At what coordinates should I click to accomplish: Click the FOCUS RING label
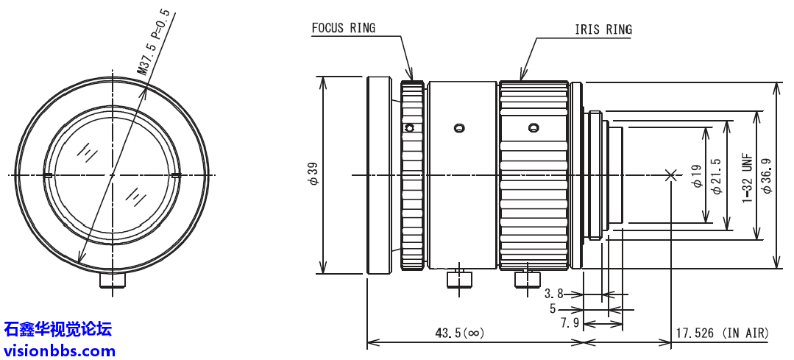[343, 28]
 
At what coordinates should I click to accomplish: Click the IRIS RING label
[603, 29]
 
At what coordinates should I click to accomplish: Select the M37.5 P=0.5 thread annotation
[154, 44]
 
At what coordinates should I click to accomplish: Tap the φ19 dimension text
[696, 174]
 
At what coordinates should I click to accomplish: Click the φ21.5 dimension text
[716, 175]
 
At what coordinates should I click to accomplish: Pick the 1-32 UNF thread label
[746, 174]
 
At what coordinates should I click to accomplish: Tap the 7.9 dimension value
[569, 323]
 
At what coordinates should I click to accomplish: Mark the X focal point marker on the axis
[670, 175]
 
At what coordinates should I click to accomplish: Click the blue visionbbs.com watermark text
[60, 350]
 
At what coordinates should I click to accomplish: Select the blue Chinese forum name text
[58, 329]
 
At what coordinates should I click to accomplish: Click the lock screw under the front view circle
[113, 280]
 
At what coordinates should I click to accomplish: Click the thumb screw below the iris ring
[525, 280]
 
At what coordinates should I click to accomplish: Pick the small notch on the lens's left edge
[46, 176]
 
